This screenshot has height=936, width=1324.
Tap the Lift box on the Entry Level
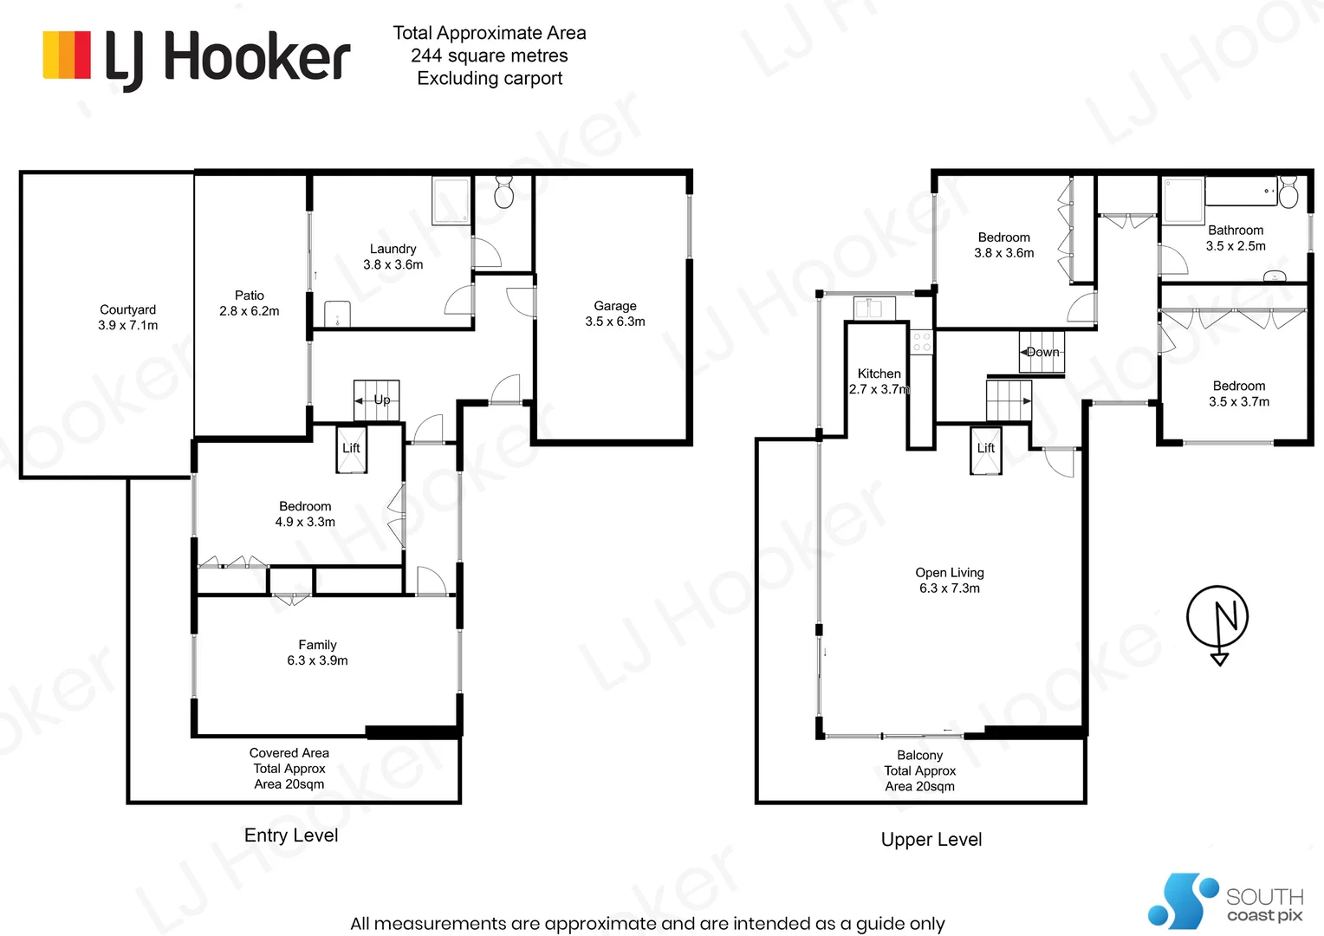(351, 450)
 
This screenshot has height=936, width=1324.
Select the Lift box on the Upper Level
(985, 450)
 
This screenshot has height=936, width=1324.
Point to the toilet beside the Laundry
(503, 192)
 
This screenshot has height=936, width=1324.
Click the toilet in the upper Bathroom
(1288, 192)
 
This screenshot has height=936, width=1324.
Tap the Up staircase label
(382, 400)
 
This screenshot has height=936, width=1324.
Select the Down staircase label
(1042, 352)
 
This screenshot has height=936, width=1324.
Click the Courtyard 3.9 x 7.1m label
(127, 317)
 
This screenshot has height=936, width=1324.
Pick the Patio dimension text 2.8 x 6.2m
(249, 311)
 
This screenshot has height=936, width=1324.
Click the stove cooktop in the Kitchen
(921, 341)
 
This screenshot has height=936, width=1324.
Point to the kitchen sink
(874, 308)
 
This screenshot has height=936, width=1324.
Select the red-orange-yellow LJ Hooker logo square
(67, 55)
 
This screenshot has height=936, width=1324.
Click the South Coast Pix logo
(1225, 900)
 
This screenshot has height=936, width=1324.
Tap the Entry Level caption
(291, 835)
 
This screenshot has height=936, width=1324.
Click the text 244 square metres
(490, 55)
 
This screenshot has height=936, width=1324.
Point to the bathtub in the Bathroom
(1241, 191)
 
